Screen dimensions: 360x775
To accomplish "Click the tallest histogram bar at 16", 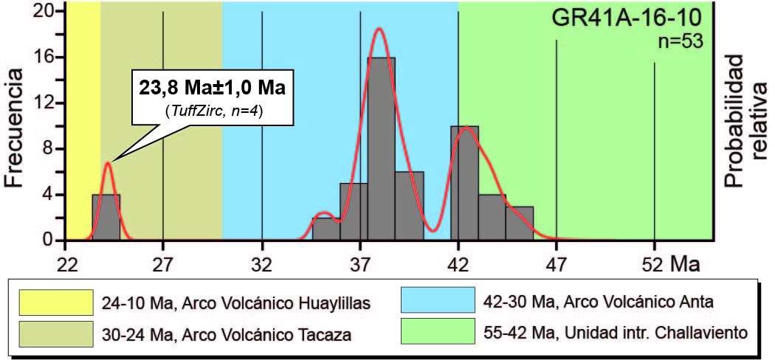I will pos(382,148).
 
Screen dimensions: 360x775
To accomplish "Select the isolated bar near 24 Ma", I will pos(106,217).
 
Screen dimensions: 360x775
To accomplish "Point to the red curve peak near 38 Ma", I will pos(379,30).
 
